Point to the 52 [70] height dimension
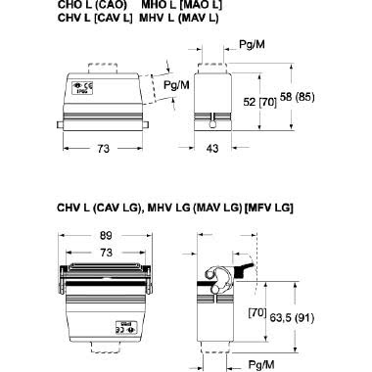click(254, 103)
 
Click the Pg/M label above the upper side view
click(254, 46)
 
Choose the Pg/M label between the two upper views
click(177, 85)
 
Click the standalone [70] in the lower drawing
click(257, 313)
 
